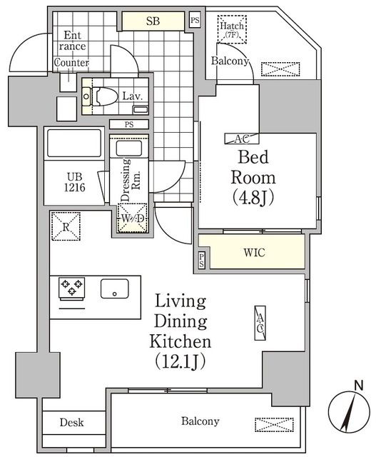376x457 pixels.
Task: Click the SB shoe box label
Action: coord(153,21)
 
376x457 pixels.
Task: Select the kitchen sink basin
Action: coord(113,288)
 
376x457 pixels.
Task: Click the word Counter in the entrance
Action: coord(71,62)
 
